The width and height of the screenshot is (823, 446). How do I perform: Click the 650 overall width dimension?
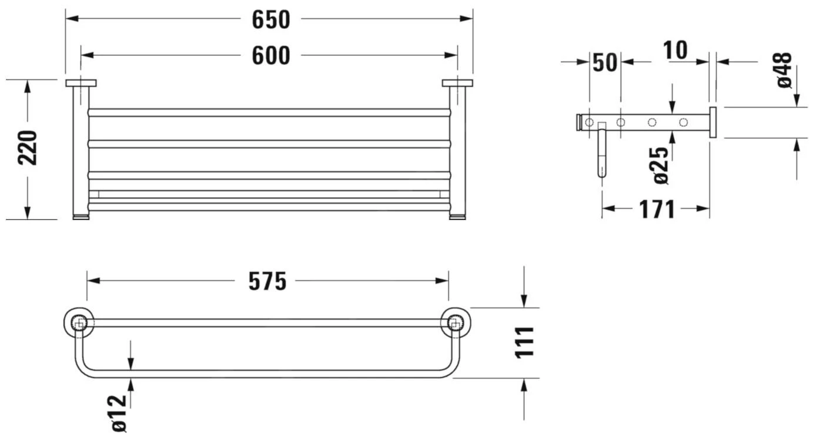[x=271, y=20]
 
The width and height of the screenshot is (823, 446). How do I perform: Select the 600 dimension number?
[x=271, y=56]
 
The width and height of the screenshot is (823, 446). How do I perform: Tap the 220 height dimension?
[x=28, y=148]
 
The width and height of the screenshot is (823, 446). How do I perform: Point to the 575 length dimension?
[x=267, y=282]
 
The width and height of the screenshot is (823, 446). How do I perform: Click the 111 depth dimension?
[x=524, y=342]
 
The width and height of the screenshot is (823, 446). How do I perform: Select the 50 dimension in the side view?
[x=605, y=62]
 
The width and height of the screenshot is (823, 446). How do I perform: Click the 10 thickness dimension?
[x=675, y=50]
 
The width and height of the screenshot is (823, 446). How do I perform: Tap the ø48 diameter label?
[x=784, y=70]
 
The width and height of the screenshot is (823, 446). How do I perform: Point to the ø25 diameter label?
[x=661, y=165]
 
